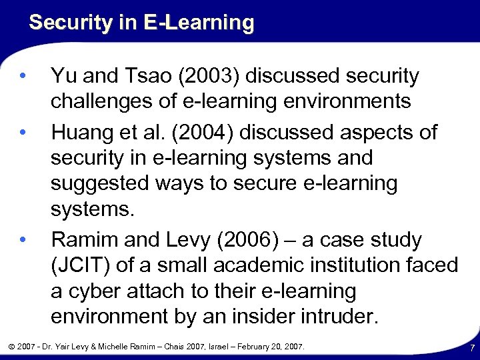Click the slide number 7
pyautogui.click(x=472, y=348)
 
